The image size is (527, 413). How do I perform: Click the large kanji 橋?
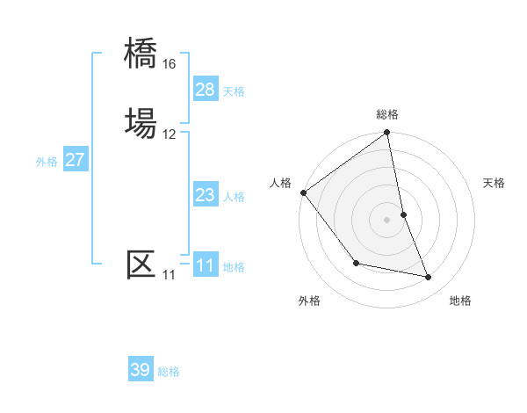coord(141,53)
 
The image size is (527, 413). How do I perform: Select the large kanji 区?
coord(141,264)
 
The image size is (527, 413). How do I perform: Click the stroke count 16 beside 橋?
coord(170,64)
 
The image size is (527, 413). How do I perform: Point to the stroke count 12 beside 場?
coord(170,134)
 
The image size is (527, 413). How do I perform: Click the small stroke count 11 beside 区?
coord(169,275)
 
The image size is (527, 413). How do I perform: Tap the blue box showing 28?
coord(206,90)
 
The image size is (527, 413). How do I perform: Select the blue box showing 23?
coord(206,195)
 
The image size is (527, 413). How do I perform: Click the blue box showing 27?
coord(76,160)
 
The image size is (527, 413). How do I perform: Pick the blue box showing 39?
coord(141,370)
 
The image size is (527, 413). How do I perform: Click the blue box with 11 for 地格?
coord(206,265)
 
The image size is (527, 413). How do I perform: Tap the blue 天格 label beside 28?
coord(234,91)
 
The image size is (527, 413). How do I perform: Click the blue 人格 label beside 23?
coord(234,197)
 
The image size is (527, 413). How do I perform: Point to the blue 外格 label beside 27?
coord(47,162)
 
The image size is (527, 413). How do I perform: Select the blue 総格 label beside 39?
coord(169,372)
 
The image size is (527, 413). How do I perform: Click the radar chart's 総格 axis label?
coord(387,114)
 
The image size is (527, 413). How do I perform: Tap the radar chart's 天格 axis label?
coord(494,183)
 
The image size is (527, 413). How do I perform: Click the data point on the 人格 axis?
coord(303,192)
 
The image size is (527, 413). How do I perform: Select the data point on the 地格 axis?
coord(429,278)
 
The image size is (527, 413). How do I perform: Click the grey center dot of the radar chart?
coord(387,219)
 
